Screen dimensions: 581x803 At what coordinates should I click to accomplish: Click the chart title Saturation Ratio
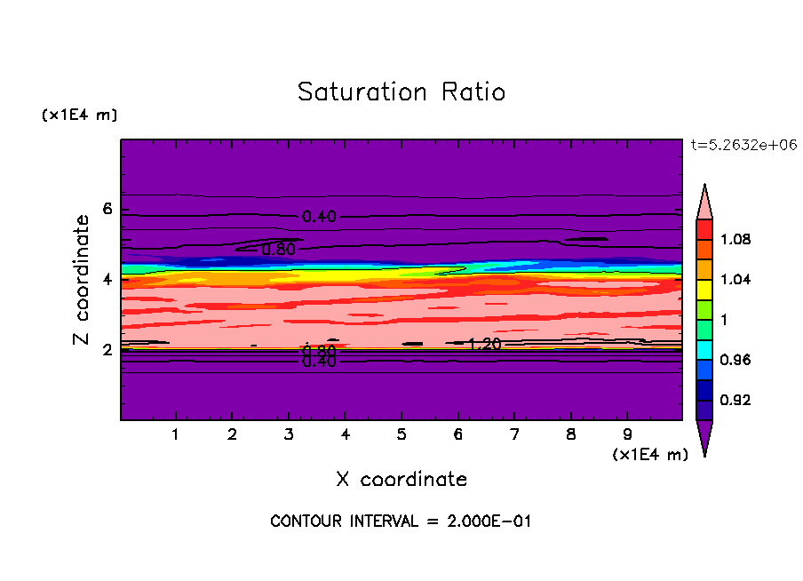401,92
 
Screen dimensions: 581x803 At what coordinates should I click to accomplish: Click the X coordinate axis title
401,480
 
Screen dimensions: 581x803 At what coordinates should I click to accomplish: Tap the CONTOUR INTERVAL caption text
401,521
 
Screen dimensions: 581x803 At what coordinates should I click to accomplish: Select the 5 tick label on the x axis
401,434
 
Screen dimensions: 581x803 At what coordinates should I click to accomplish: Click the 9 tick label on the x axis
627,434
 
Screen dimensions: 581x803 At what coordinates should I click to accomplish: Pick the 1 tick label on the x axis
176,434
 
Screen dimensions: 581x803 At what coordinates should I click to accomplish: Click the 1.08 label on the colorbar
737,239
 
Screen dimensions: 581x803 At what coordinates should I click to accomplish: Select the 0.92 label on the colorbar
737,400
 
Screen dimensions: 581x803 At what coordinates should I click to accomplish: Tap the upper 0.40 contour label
318,217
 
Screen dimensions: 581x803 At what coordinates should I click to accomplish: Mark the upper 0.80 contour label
278,250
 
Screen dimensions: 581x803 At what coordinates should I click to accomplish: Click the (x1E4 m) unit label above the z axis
79,115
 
